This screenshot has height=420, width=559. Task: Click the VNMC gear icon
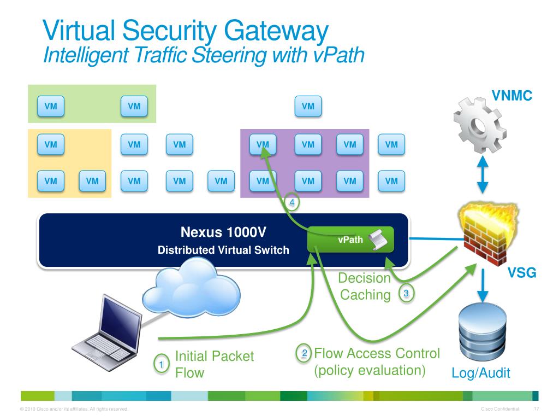coord(479,125)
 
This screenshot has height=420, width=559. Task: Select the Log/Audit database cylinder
coord(483,331)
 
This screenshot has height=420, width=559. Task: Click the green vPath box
coord(350,240)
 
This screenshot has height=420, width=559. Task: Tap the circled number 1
coord(161,364)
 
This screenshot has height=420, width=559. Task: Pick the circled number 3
coord(406,294)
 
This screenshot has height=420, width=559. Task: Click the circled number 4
coord(292,202)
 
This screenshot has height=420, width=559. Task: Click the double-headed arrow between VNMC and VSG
coord(483,175)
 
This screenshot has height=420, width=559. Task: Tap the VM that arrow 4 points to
coord(263,144)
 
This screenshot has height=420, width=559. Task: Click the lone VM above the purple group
coord(308,106)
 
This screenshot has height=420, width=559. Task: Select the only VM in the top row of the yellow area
coord(51,144)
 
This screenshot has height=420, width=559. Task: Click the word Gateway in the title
coord(276,32)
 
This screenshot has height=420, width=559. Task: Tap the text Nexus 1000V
coord(223,232)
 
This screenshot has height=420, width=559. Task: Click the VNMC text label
coord(512,95)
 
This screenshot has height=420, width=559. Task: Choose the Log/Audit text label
coord(480,373)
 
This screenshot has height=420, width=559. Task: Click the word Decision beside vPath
coord(364,278)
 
